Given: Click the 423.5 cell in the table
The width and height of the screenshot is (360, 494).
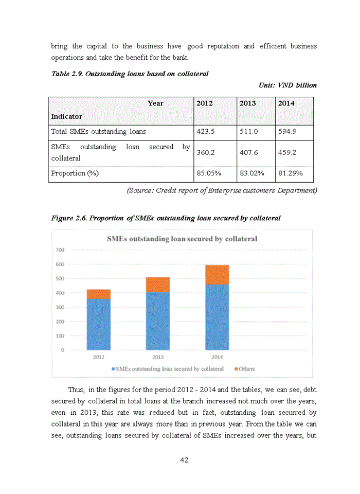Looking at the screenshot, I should (206, 131).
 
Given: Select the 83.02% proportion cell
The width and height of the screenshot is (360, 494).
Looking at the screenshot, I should (251, 173).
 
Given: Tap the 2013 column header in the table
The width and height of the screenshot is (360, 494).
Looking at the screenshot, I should (247, 103).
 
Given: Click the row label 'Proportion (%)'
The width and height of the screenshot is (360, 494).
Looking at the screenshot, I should (75, 173).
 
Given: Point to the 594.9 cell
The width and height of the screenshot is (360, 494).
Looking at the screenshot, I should (286, 131).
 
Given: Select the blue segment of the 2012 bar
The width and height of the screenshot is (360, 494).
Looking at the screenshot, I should (99, 324).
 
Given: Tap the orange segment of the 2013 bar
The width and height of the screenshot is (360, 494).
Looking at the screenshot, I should (157, 285).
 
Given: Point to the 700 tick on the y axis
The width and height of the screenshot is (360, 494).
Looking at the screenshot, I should (60, 250).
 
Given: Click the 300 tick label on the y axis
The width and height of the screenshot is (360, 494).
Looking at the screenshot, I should (60, 307).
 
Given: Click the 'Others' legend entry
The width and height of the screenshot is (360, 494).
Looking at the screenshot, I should (246, 369).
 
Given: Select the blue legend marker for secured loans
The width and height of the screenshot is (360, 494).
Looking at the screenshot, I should (113, 369).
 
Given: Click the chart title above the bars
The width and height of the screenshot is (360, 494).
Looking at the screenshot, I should (182, 239).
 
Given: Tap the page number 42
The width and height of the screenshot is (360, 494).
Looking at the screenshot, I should (184, 460).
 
